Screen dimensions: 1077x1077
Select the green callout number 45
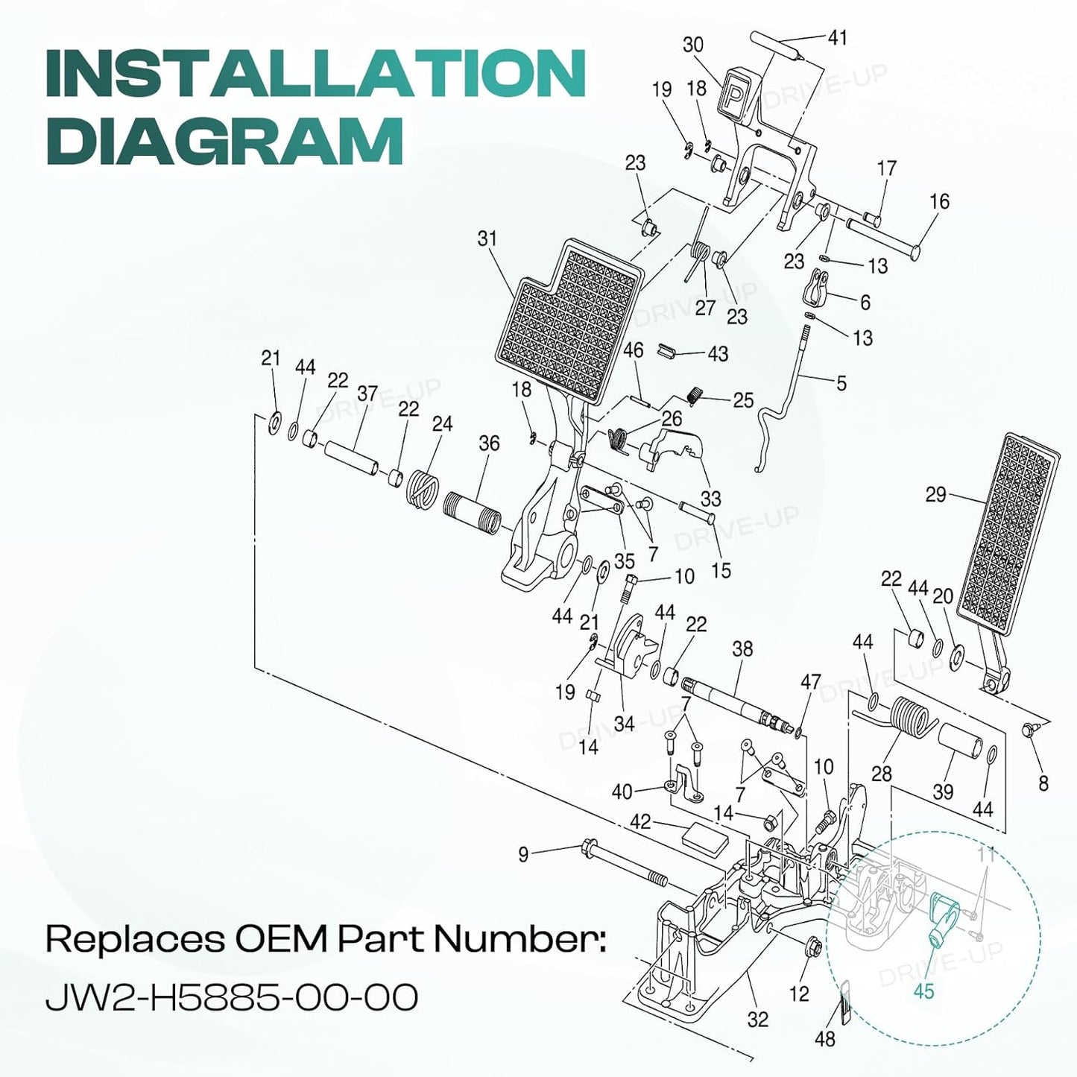923,991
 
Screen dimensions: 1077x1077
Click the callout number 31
487,239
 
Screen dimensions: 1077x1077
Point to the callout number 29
935,495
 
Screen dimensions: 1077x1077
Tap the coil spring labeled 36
473,512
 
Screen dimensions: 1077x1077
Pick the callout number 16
940,201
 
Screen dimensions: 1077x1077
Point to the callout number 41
837,37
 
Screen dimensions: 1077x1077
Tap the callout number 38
742,648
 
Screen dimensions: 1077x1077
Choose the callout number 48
825,1038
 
